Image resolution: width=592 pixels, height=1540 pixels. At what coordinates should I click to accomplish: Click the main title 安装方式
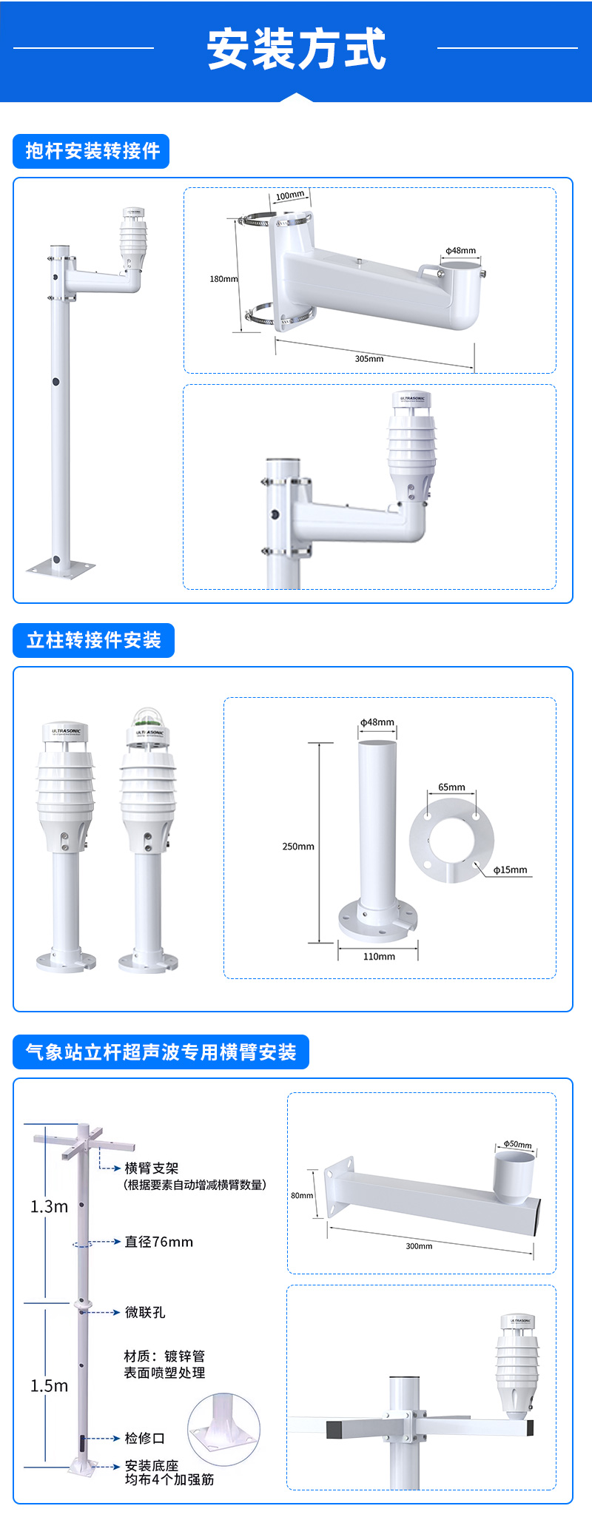(x=296, y=49)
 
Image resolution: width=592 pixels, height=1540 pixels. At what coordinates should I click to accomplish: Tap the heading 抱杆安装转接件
(x=92, y=151)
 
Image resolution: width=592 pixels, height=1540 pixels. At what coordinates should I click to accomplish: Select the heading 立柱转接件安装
(x=93, y=640)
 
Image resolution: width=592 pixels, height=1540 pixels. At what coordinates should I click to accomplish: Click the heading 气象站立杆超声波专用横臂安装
(x=161, y=1052)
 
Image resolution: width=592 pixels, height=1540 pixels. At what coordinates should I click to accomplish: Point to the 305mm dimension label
(x=369, y=359)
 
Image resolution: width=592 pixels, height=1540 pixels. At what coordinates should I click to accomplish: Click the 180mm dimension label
(x=223, y=279)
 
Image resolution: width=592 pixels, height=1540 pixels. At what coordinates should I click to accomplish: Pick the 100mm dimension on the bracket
(x=290, y=196)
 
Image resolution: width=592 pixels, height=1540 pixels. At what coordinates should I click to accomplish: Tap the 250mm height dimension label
(x=298, y=847)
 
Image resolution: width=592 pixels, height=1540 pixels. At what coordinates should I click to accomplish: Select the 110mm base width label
(x=379, y=957)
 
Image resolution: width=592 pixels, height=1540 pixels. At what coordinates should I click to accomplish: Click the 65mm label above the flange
(x=451, y=787)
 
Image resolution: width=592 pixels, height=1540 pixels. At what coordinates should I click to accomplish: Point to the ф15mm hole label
(x=511, y=870)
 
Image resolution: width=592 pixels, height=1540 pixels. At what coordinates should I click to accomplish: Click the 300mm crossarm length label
(x=419, y=1246)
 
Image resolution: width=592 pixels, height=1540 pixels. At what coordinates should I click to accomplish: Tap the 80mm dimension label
(x=302, y=1195)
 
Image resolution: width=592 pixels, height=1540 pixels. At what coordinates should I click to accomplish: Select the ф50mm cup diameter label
(x=517, y=1144)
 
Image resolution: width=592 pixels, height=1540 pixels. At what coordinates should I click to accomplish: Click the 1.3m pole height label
(x=49, y=1207)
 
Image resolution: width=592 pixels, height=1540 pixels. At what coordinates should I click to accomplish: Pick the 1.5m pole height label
(x=49, y=1386)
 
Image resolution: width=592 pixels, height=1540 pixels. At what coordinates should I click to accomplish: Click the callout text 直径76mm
(x=158, y=1242)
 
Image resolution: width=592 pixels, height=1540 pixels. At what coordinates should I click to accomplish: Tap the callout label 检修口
(x=144, y=1438)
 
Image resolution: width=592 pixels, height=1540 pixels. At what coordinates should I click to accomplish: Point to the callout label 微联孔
(x=145, y=1312)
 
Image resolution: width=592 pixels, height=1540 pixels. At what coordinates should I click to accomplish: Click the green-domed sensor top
(x=148, y=716)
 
